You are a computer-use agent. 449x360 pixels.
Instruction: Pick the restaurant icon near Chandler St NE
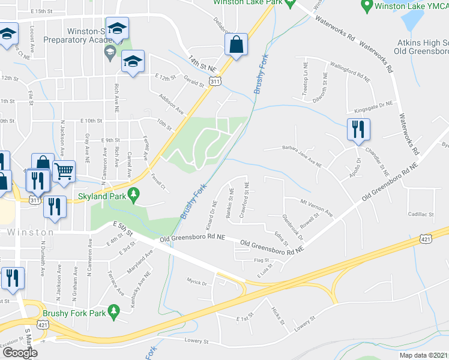pyautogui.click(x=358, y=129)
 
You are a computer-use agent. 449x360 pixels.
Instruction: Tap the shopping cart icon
pyautogui.click(x=63, y=170)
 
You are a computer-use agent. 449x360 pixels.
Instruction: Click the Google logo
pyautogui.click(x=20, y=353)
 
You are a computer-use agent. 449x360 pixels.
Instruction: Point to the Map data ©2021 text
pyautogui.click(x=424, y=355)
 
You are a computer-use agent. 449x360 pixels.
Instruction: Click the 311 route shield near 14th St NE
pyautogui.click(x=214, y=80)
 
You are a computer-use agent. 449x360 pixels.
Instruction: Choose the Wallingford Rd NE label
pyautogui.click(x=350, y=76)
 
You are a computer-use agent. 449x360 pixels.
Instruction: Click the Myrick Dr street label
pyautogui.click(x=197, y=281)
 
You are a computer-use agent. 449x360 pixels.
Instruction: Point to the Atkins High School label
pyautogui.click(x=422, y=43)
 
